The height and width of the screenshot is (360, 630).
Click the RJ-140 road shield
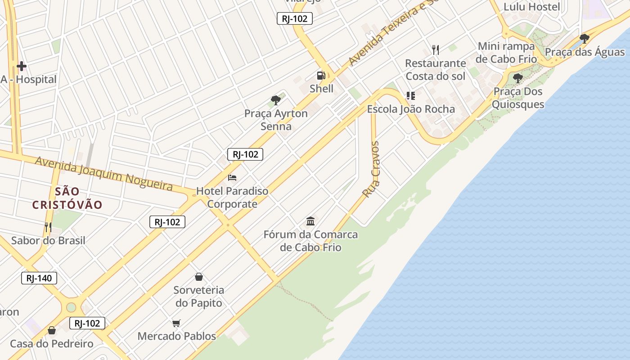39,278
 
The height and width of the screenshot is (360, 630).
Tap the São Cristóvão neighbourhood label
67,198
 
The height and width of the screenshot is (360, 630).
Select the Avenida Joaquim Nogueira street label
104,173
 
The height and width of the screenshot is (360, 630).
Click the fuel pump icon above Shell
321,76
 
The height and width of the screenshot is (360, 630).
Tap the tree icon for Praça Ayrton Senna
276,100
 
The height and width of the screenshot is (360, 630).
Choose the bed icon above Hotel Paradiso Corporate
232,178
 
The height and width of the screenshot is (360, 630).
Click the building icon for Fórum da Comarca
310,221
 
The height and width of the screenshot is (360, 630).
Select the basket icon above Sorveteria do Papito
199,277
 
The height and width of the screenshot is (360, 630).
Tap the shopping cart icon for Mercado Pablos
176,323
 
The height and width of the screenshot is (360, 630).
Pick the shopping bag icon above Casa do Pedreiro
52,331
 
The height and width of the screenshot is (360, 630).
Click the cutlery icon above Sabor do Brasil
48,227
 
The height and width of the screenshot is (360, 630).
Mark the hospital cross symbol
21,67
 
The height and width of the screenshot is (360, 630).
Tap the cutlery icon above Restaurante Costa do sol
435,49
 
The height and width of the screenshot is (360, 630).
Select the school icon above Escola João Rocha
410,96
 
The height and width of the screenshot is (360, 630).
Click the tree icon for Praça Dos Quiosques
518,78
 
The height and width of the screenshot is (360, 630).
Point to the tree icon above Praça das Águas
585,39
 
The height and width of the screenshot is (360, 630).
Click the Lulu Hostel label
531,7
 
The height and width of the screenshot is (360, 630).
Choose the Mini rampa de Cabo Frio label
507,52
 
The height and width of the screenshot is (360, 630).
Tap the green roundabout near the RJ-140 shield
71,307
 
